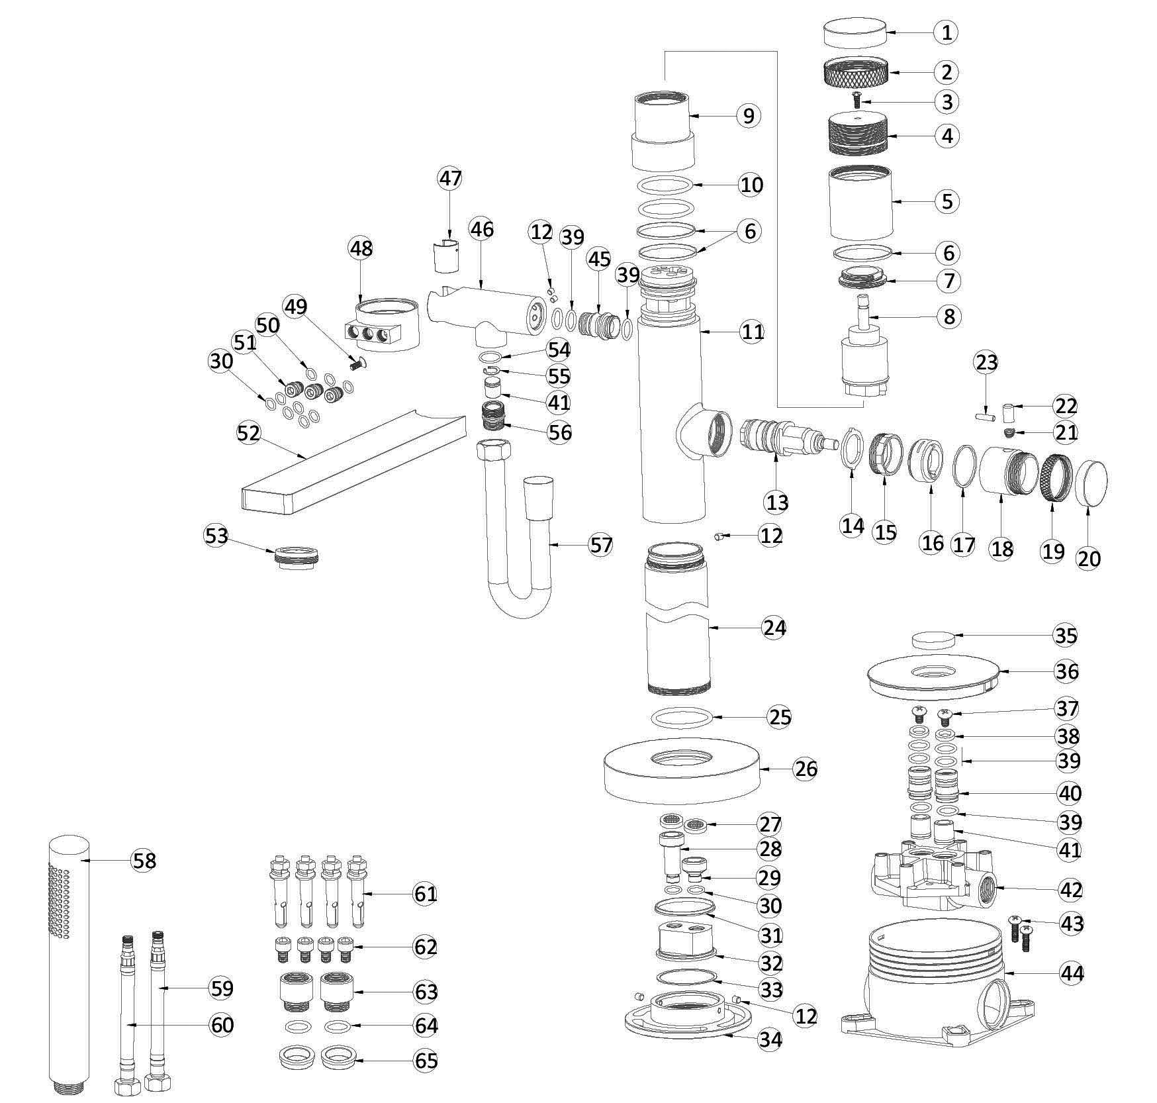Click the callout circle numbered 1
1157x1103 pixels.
tap(947, 32)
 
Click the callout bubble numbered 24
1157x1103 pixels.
tap(774, 627)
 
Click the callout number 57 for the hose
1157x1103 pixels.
tap(601, 545)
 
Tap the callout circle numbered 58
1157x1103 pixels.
tap(144, 860)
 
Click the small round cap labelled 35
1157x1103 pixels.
tap(933, 640)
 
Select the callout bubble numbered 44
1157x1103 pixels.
tap(1072, 973)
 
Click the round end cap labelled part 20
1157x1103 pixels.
tap(1091, 484)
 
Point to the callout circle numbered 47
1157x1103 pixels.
tap(450, 179)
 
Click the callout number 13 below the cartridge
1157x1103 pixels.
tap(777, 502)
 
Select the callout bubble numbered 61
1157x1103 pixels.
tap(425, 894)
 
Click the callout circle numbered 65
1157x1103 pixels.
tap(426, 1061)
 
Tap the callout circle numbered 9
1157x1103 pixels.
tap(749, 115)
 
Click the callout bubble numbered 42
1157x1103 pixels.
tap(1070, 890)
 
